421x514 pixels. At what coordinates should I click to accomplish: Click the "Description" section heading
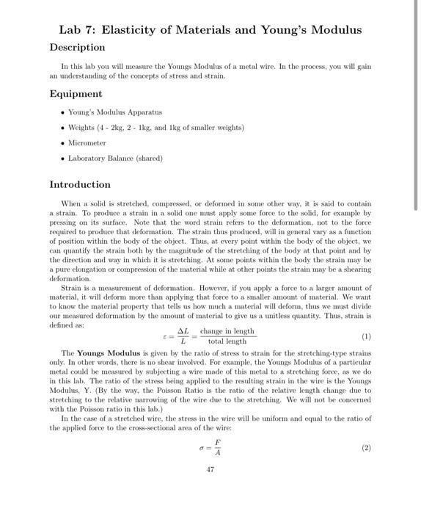[x=77, y=47]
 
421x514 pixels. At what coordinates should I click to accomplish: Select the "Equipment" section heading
[x=76, y=94]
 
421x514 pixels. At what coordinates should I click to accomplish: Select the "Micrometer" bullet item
[x=87, y=142]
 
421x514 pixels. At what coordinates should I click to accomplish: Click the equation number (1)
[x=366, y=337]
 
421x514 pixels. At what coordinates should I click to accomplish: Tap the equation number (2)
[x=366, y=446]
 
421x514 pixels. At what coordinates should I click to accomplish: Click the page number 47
[x=210, y=469]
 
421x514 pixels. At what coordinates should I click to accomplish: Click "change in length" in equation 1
[x=227, y=331]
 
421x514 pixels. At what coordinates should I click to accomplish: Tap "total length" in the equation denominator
[x=227, y=342]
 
